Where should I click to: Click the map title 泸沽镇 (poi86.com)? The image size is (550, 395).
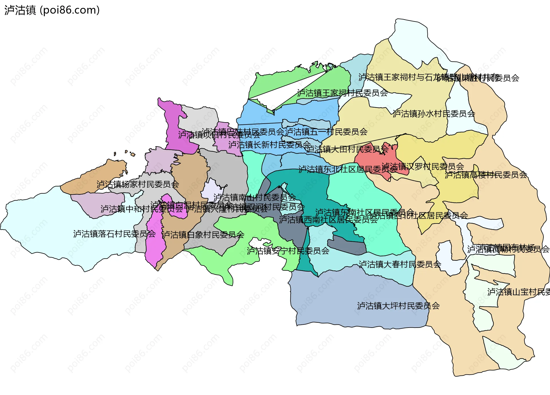click(x=52, y=10)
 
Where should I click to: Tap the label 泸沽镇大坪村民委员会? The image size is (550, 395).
click(x=398, y=306)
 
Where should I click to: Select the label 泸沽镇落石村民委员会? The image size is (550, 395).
click(x=114, y=234)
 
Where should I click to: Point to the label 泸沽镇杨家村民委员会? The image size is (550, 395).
click(x=138, y=184)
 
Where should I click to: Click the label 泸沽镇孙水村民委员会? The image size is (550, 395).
click(x=434, y=114)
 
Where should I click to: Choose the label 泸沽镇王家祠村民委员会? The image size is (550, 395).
click(x=342, y=93)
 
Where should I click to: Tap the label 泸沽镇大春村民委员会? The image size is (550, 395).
click(x=400, y=264)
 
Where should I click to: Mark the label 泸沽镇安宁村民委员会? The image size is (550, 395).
click(x=288, y=251)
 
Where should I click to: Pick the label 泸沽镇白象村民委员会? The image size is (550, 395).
click(x=203, y=235)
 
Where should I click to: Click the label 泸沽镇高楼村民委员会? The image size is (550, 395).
click(x=486, y=174)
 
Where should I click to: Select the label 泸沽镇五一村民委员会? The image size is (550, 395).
click(x=326, y=132)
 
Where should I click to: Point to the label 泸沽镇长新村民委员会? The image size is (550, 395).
click(x=270, y=145)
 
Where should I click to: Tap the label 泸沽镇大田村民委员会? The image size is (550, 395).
click(x=347, y=149)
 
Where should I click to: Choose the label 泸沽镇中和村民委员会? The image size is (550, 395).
click(x=142, y=209)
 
